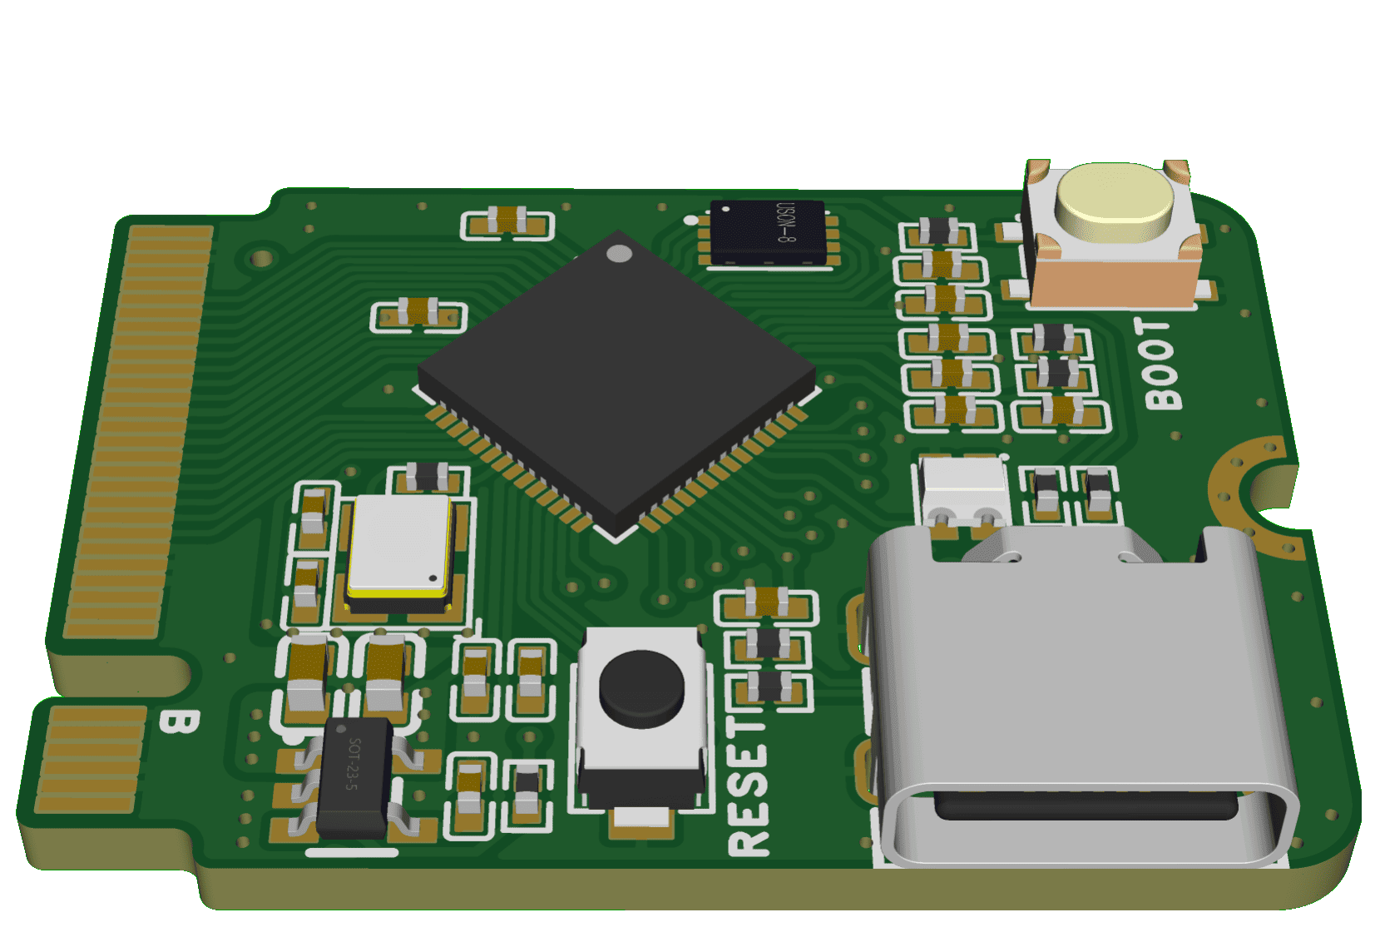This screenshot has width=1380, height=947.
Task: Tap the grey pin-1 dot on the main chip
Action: coord(619,254)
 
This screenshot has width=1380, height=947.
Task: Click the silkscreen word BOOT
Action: coord(1161,364)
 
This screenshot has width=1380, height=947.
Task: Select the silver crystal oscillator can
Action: coord(400,547)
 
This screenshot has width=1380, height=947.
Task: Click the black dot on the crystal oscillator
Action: coord(433,578)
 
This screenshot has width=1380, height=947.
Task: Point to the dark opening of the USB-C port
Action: coord(1086,805)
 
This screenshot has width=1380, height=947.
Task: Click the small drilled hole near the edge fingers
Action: coord(262,258)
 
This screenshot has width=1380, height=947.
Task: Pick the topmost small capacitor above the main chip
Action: coord(507,221)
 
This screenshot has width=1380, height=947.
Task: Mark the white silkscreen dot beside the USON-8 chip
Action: coord(691,221)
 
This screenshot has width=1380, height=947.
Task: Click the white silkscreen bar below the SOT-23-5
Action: coord(352,852)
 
